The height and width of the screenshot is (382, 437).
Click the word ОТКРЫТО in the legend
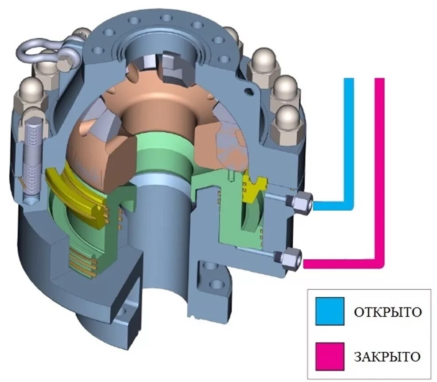387,311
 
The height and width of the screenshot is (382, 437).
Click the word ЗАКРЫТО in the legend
387,356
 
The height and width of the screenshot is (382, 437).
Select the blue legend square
330,311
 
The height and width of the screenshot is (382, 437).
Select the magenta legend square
330,356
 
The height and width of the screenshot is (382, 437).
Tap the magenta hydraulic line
380,177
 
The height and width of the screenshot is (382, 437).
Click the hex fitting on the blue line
302,202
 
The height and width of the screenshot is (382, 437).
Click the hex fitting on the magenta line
291,257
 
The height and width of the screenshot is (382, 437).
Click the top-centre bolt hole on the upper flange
166,18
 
